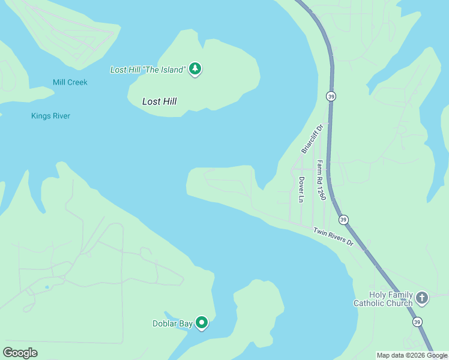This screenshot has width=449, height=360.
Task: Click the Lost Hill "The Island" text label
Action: tap(148, 70)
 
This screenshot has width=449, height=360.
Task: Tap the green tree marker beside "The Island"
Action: tap(194, 69)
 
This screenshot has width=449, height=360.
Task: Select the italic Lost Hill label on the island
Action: tap(159, 101)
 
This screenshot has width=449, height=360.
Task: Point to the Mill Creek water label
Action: tap(70, 82)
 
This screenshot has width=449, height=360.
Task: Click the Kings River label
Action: tap(50, 116)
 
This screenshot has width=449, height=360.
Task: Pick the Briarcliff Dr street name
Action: tap(312, 139)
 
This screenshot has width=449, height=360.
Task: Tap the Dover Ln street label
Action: tap(301, 189)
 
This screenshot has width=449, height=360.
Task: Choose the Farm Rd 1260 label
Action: tap(321, 180)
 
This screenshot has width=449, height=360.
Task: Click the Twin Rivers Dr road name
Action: tap(333, 238)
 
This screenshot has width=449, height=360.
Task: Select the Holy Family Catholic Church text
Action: tap(383, 299)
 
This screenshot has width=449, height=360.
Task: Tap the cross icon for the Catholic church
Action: tap(422, 298)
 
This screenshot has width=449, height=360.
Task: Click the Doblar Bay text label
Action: tap(172, 323)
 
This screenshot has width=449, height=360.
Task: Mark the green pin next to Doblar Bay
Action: tap(202, 323)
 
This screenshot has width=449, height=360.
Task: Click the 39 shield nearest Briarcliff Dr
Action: tap(331, 96)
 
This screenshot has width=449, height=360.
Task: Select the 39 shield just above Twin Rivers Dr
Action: tap(343, 220)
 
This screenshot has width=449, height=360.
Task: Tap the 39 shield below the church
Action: tap(417, 322)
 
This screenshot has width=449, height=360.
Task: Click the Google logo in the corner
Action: tap(20, 352)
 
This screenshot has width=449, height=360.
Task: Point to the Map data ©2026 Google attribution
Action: tap(412, 355)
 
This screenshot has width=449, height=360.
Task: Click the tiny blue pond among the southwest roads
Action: tap(47, 287)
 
